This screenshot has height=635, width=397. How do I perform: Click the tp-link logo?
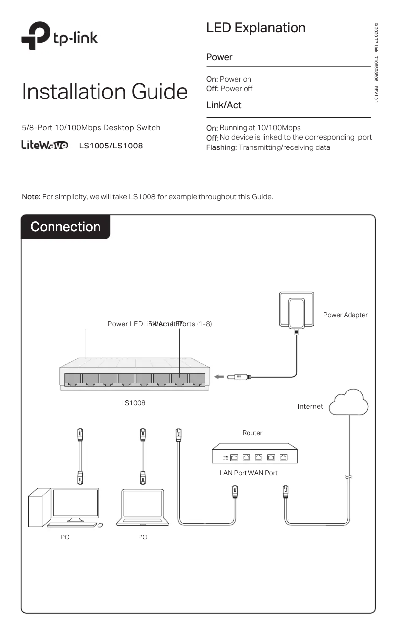[59, 36]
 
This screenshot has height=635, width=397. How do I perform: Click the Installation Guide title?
[104, 92]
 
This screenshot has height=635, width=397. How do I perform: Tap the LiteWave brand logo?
[45, 146]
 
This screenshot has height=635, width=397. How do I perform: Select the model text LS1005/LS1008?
[111, 146]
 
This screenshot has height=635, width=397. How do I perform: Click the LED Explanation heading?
[256, 28]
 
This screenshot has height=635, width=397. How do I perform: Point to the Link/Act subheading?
[224, 105]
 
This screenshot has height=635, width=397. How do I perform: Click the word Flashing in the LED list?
[221, 147]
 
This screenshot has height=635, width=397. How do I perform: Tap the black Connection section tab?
[65, 227]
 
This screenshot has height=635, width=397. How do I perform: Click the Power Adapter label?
[345, 315]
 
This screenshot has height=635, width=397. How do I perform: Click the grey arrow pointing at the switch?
[220, 377]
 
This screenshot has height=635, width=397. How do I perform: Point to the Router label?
[252, 433]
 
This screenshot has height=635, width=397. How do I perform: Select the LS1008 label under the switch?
[133, 403]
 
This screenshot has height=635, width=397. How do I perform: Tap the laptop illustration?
[143, 507]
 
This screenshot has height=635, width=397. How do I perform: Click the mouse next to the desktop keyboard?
[100, 525]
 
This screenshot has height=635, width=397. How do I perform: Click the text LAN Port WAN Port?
[248, 473]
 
